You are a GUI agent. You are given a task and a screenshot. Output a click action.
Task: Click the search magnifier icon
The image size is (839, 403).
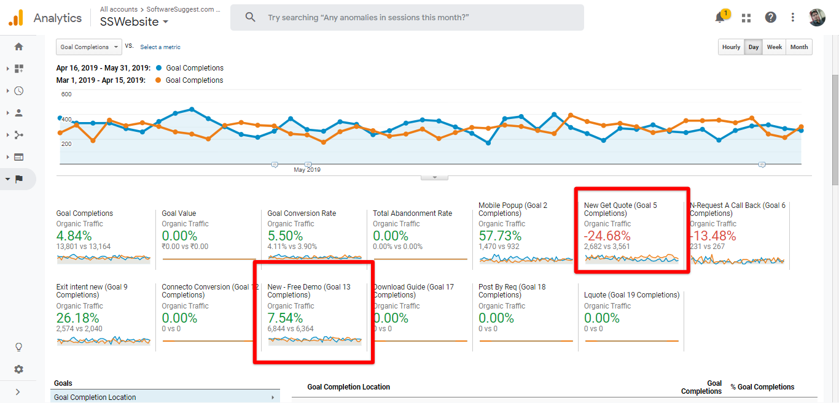(x=250, y=18)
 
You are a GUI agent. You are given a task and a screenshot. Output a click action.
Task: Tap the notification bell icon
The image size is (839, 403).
(x=720, y=18)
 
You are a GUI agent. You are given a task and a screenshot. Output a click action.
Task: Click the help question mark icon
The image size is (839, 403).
(x=770, y=18)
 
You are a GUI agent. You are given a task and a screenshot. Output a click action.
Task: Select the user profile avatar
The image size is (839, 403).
(x=817, y=17)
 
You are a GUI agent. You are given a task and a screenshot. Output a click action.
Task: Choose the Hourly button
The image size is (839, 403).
(x=731, y=47)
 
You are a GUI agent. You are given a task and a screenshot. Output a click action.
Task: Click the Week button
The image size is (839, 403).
(x=775, y=47)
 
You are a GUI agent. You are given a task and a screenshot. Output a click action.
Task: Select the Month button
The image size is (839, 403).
(x=799, y=47)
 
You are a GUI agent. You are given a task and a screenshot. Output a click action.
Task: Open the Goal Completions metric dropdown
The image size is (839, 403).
(x=88, y=47)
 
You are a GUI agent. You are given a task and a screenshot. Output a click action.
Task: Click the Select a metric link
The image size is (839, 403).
(x=160, y=47)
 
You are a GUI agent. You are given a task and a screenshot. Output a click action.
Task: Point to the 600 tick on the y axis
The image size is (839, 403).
(x=66, y=94)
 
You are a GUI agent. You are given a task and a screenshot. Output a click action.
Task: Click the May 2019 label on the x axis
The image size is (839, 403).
(x=307, y=170)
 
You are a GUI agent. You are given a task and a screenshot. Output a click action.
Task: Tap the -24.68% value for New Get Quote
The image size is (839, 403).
(x=607, y=236)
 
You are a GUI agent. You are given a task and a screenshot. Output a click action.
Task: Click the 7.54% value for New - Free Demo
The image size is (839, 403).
(x=285, y=318)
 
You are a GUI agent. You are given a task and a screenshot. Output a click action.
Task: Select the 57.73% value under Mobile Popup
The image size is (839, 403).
(x=500, y=236)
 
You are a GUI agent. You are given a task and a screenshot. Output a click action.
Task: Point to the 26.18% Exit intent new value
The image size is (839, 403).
(x=77, y=318)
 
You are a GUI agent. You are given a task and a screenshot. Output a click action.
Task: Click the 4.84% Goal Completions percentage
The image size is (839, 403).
(x=74, y=236)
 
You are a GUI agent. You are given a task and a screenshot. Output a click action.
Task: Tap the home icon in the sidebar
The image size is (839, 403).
(x=18, y=47)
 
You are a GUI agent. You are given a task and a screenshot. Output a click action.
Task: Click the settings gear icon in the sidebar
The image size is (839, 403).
(x=18, y=369)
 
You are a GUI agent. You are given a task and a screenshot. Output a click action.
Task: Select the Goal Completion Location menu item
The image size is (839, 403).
(x=95, y=397)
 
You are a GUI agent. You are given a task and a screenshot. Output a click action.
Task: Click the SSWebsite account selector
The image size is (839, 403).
(x=134, y=22)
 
